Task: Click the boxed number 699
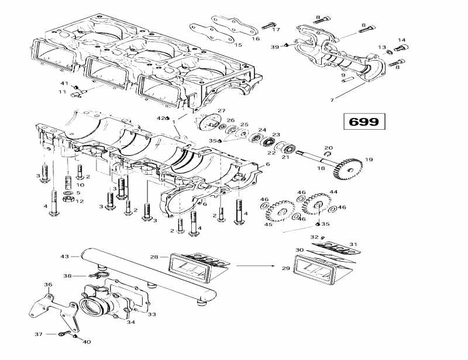click(364, 122)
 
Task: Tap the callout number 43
click(64, 257)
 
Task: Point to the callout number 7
click(332, 100)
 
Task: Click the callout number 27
click(221, 111)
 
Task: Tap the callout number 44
click(333, 192)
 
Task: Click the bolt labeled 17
click(269, 25)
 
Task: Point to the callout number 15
click(238, 44)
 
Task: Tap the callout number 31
click(352, 244)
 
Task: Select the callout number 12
click(80, 201)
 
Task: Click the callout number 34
click(130, 322)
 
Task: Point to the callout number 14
click(401, 40)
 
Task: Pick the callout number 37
click(39, 334)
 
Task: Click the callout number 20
click(328, 148)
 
